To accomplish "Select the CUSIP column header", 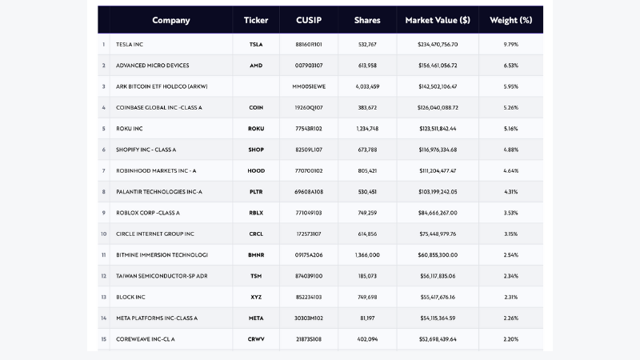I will click(308, 20).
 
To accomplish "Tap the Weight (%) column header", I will click(510, 20).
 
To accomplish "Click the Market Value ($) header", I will click(438, 20).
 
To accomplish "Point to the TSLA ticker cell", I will click(256, 45).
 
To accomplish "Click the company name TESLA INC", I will click(134, 45).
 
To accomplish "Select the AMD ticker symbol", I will click(256, 66).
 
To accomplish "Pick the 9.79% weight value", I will click(510, 45).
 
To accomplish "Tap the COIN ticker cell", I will click(256, 107).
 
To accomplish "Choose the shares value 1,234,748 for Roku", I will click(367, 129).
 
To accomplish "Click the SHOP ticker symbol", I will click(256, 150).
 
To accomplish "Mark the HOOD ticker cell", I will click(256, 170).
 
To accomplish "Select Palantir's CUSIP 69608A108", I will click(308, 192).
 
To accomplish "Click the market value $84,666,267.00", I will click(438, 213).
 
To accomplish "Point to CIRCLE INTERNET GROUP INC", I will click(155, 234).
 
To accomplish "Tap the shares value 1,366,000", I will click(367, 255).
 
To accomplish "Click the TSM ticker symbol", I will click(256, 276).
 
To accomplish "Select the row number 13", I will click(104, 297).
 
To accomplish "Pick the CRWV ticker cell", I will click(256, 339).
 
